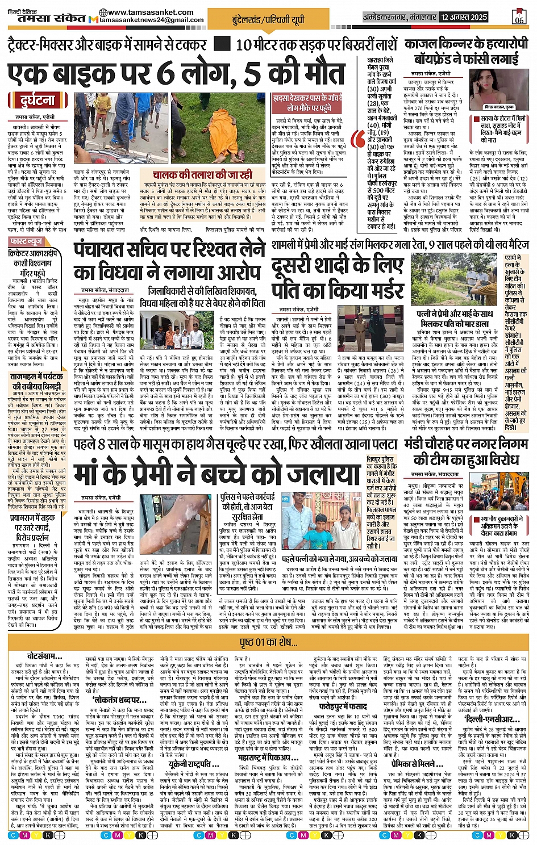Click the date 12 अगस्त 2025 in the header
tap(464, 17)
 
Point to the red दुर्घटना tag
tap(38, 101)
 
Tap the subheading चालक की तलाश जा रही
tap(203, 175)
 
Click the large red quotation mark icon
tap(358, 140)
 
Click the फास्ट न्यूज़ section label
tap(27, 241)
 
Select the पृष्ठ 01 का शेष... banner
tap(269, 642)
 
